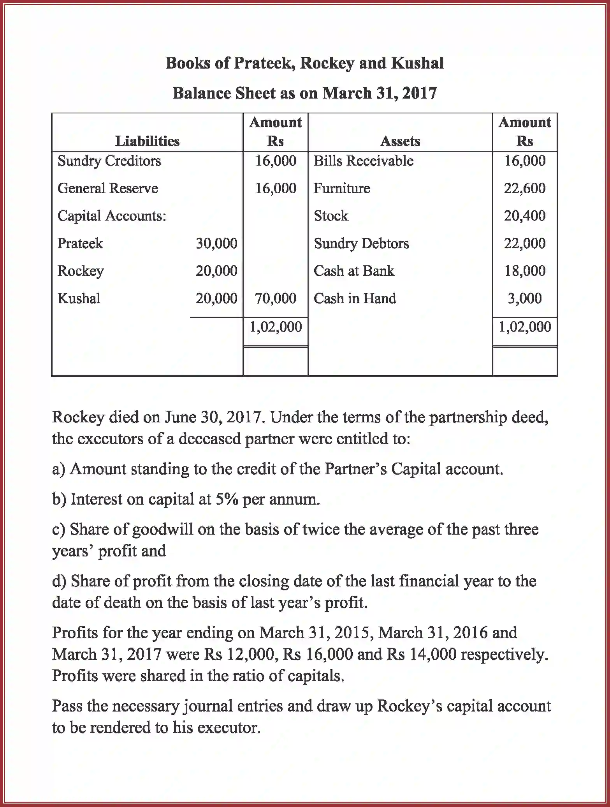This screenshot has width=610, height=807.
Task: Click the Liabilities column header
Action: click(147, 141)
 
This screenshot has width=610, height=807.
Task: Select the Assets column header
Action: click(400, 141)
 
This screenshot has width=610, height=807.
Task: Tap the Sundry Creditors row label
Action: click(109, 161)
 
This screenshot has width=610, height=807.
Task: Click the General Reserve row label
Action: click(107, 189)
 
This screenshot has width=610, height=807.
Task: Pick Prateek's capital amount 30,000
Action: click(216, 244)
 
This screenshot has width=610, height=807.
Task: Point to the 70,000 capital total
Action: click(276, 298)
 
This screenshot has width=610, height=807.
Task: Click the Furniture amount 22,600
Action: click(524, 189)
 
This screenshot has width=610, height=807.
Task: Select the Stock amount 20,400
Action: click(524, 216)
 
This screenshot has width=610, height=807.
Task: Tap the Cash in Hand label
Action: click(355, 298)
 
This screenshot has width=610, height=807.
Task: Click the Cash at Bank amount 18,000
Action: click(524, 271)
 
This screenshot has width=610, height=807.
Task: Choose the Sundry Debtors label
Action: click(361, 244)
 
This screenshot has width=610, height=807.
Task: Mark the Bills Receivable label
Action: click(364, 161)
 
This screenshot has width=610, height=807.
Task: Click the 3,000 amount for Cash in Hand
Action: click(524, 298)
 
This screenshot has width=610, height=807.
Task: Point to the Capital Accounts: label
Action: click(112, 216)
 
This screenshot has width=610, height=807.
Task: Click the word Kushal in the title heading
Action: click(417, 63)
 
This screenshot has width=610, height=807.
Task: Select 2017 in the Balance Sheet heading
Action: click(419, 94)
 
